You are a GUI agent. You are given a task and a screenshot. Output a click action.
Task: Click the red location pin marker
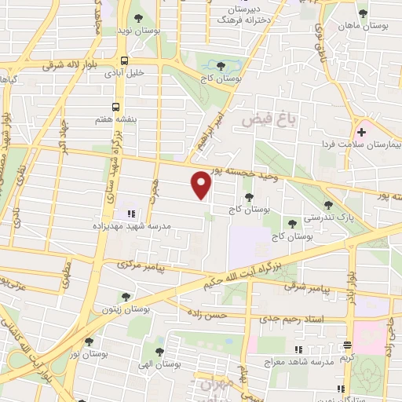click(x=202, y=185)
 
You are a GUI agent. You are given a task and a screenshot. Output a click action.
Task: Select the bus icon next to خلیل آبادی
click(x=125, y=61)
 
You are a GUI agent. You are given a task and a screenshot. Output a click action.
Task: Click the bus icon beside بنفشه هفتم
click(x=116, y=106)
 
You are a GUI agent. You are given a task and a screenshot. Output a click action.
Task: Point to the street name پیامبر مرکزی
click(x=141, y=267)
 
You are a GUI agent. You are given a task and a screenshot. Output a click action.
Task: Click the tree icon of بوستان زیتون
click(x=126, y=297)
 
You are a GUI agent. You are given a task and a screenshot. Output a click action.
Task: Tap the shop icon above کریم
click(x=348, y=345)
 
